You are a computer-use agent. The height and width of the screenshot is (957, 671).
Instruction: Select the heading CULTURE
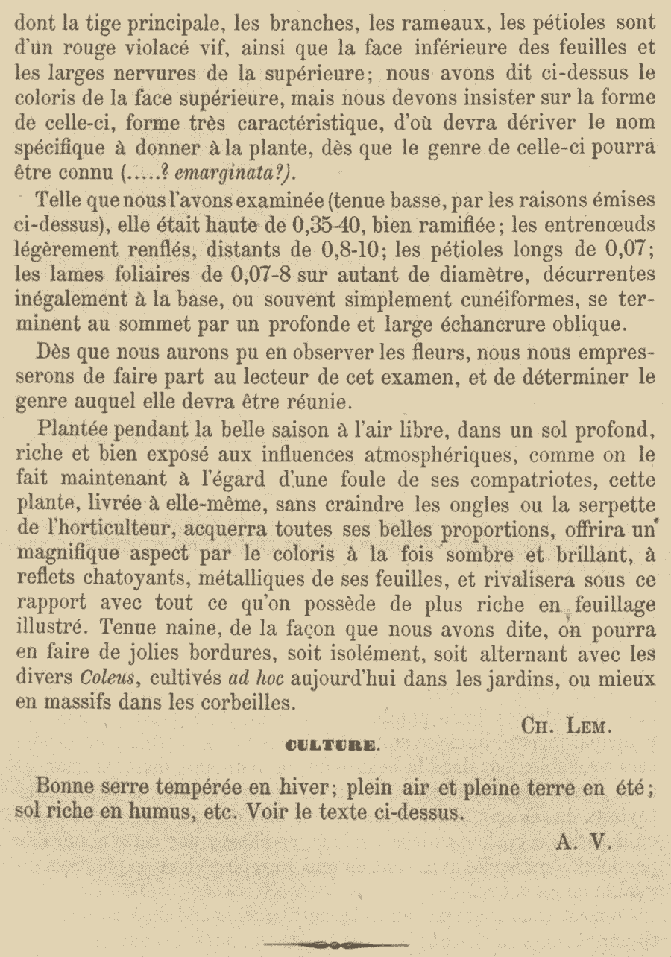(332, 746)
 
